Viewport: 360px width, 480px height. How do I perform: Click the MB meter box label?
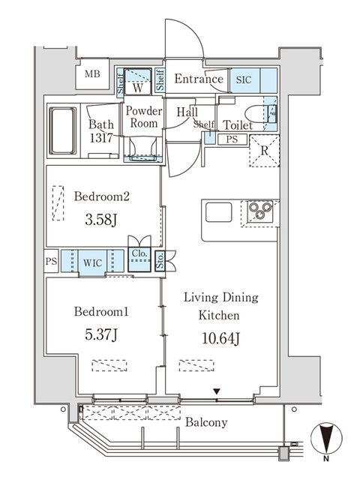click(x=92, y=74)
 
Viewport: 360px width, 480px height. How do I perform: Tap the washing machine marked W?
click(x=138, y=81)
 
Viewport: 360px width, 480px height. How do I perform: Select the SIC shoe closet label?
click(x=244, y=80)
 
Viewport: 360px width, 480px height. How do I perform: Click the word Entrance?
click(x=199, y=79)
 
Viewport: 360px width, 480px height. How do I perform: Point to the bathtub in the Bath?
click(x=63, y=130)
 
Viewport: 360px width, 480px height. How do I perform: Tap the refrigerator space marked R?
click(x=265, y=151)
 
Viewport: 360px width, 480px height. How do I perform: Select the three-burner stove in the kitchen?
click(x=260, y=211)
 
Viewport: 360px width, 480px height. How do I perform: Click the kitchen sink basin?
click(x=218, y=211)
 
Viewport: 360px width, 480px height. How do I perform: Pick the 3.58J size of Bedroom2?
click(x=100, y=220)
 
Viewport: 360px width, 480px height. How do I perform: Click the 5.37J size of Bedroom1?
click(x=100, y=335)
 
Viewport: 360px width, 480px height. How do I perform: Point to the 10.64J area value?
click(x=220, y=338)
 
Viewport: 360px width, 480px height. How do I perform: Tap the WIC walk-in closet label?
click(x=92, y=263)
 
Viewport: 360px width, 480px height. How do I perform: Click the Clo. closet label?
click(x=139, y=253)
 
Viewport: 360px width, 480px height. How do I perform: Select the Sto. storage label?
click(x=160, y=261)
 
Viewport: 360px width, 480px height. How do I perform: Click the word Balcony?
click(x=206, y=423)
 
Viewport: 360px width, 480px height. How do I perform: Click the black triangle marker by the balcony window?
click(x=217, y=391)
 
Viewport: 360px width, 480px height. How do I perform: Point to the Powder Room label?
click(x=143, y=117)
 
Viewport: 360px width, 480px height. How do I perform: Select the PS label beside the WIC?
click(x=52, y=261)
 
